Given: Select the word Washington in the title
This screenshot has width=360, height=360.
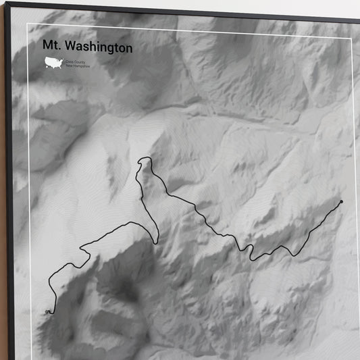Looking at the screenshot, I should pyautogui.click(x=99, y=49).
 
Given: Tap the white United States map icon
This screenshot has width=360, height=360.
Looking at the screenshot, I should pyautogui.click(x=53, y=63).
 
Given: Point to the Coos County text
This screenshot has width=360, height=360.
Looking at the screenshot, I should pyautogui.click(x=74, y=61).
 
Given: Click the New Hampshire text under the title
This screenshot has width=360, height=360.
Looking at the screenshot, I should pyautogui.click(x=76, y=66).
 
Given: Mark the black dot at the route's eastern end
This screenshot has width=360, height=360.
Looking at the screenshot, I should pyautogui.click(x=342, y=201).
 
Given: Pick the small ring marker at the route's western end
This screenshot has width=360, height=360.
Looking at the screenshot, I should pyautogui.click(x=47, y=311).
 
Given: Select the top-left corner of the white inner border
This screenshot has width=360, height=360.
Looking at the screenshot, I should pyautogui.click(x=28, y=24).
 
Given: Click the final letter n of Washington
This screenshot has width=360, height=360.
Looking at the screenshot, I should pyautogui.click(x=129, y=49).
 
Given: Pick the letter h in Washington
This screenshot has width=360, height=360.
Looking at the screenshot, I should pyautogui.click(x=95, y=48).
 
